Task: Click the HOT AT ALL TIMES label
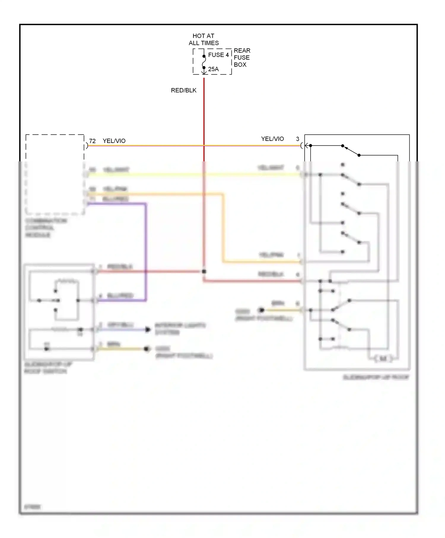[x=204, y=39]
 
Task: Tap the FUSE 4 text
[x=218, y=55]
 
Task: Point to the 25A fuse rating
[x=213, y=69]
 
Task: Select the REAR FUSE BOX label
[x=242, y=58]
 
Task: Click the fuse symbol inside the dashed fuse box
[x=204, y=62]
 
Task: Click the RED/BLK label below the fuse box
[x=184, y=90]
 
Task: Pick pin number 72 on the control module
[x=92, y=141]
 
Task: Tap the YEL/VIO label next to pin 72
[x=114, y=141]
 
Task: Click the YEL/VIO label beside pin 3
[x=272, y=139]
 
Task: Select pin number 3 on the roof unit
[x=298, y=139]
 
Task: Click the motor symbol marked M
[x=383, y=359]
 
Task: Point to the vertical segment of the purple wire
[x=146, y=252]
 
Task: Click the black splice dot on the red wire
[x=204, y=271]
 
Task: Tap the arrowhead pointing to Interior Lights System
[x=147, y=330]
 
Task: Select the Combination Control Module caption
[x=46, y=228]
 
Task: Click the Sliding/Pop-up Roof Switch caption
[x=47, y=368]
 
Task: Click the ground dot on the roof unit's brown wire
[x=261, y=310]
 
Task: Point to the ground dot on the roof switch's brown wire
[x=146, y=349]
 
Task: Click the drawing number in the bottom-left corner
[x=32, y=507]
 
